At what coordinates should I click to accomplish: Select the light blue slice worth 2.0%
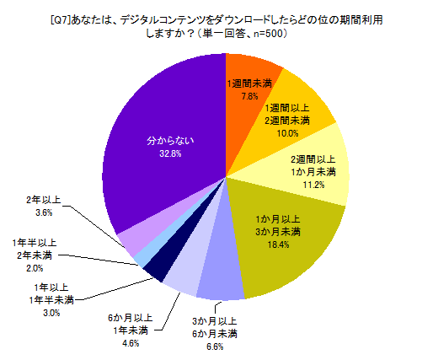[142, 255]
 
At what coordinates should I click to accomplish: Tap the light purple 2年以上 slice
[131, 241]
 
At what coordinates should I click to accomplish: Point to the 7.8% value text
[249, 97]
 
